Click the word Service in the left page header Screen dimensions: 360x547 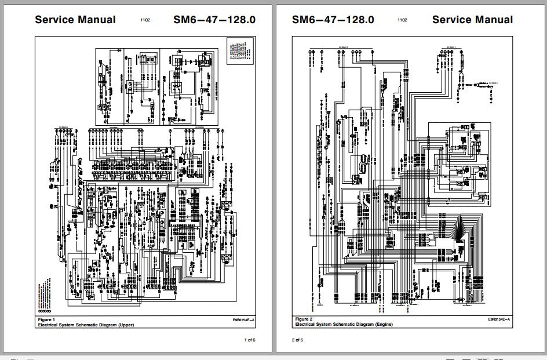click(x=54, y=20)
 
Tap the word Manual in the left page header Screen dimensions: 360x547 click(x=96, y=20)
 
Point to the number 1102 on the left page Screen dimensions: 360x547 click(x=145, y=20)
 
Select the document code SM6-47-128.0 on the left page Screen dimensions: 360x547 click(x=214, y=20)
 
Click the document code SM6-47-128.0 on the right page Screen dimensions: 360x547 click(x=333, y=20)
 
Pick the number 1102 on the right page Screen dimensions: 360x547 click(x=402, y=20)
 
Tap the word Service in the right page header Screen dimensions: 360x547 click(x=452, y=20)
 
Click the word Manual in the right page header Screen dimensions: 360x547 click(x=493, y=20)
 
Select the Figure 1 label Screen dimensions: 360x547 click(x=46, y=319)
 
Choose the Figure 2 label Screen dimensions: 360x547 click(x=304, y=319)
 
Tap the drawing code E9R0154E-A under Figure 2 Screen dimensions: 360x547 click(x=499, y=320)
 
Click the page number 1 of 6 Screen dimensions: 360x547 click(x=250, y=340)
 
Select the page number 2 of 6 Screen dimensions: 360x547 click(x=297, y=340)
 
